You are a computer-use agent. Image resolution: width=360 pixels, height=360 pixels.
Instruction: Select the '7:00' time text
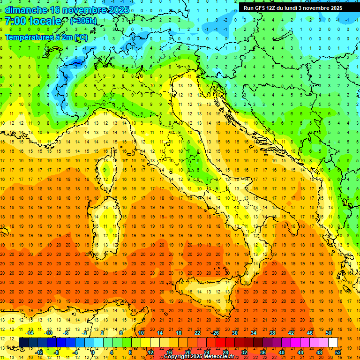coord(15,21)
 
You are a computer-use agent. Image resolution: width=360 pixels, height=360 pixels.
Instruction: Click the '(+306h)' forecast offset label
coord(83,21)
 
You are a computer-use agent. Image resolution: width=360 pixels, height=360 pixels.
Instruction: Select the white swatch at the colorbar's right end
coord(333,342)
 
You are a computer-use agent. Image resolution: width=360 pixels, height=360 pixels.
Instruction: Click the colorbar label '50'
coord(329,333)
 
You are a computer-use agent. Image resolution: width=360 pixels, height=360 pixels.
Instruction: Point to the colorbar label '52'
coord(338,352)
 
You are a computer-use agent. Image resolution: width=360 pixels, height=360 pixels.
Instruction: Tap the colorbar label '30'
coord(234,333)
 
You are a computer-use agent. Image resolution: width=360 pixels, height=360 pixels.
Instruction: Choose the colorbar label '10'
coord(141,333)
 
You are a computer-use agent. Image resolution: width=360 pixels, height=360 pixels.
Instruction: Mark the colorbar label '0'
coord(93,352)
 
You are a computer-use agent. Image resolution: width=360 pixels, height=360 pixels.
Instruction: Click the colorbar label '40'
coord(281,352)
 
